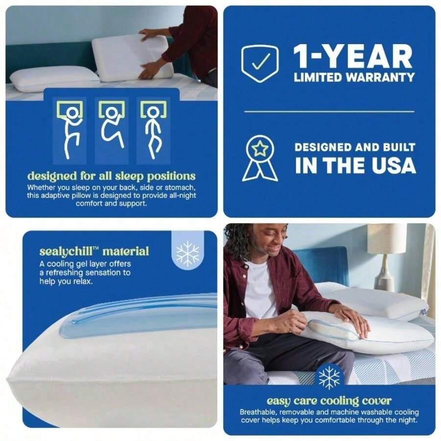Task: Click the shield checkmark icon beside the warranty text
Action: (260, 63)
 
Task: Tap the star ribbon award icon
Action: (260, 158)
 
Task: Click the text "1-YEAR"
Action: (353, 57)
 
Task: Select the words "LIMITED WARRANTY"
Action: (354, 77)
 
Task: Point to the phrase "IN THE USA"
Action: (355, 166)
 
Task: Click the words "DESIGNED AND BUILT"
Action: (355, 147)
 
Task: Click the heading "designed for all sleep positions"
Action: (111, 176)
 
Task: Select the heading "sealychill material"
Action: (94, 252)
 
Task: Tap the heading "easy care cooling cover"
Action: (329, 401)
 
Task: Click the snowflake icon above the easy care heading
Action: (329, 376)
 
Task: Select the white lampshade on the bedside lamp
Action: (387, 239)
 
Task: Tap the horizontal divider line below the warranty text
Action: (329, 112)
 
